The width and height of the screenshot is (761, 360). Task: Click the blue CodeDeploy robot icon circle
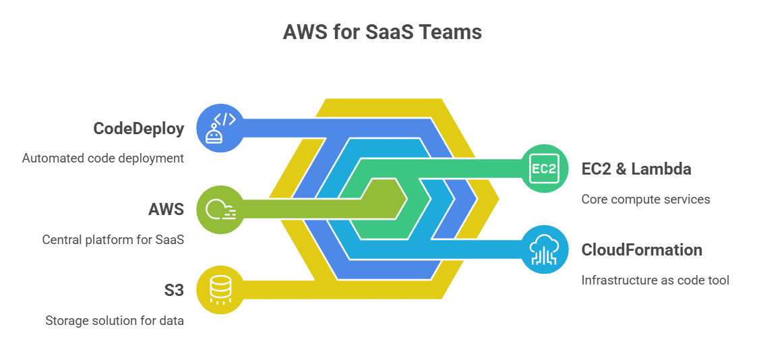220,128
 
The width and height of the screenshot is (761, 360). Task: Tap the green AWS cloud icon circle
220,209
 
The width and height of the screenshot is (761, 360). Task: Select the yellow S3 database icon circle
220,290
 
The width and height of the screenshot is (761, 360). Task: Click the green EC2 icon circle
545,169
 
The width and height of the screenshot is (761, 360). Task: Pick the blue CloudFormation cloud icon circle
545,249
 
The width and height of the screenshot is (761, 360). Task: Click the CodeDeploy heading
139,129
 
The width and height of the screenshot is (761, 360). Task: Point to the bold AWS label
166,209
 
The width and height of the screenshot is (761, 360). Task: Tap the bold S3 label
173,290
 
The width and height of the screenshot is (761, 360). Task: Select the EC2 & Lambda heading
636,169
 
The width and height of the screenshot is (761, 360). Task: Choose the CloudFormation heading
642,250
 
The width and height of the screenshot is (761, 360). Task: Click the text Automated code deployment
103,158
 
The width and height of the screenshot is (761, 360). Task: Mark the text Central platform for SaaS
113,239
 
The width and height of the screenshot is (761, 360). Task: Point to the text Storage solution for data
115,320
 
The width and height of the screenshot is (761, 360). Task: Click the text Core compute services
646,200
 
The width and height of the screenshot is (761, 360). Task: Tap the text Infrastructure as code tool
655,280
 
